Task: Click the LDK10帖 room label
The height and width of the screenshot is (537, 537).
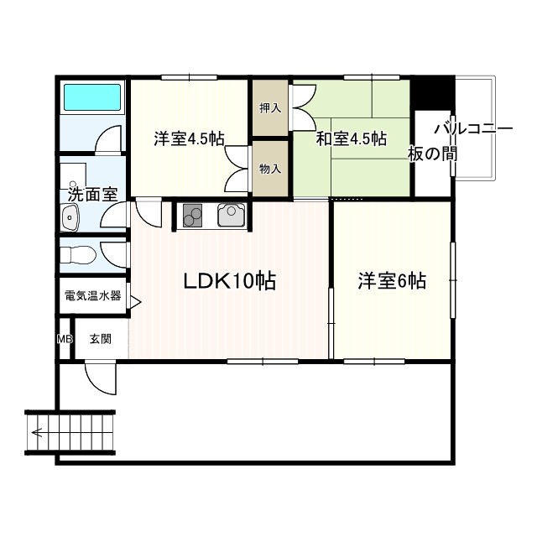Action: (x=231, y=282)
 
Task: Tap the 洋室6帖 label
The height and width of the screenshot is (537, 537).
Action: (x=392, y=281)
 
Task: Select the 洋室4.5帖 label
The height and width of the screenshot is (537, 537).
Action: (x=189, y=139)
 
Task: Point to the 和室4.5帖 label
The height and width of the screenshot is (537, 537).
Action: (x=351, y=139)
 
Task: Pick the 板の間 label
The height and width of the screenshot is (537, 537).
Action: (x=433, y=154)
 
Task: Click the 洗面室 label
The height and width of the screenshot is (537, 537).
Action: (x=91, y=195)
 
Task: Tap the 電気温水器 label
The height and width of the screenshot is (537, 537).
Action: (x=92, y=296)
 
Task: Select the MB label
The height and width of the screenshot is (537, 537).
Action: (x=65, y=339)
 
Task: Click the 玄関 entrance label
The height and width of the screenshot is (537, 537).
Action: (x=100, y=339)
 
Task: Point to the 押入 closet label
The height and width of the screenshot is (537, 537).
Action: (x=269, y=108)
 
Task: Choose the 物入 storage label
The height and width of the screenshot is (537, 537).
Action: (x=269, y=169)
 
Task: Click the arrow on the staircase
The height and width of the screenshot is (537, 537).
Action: (x=38, y=433)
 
